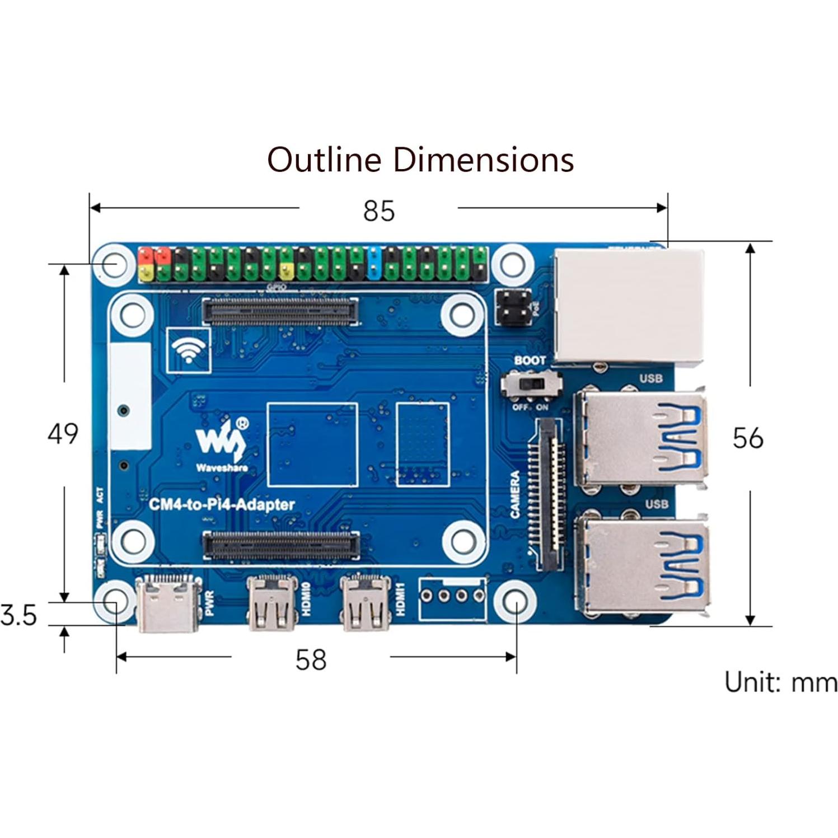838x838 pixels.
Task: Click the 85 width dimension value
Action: (379, 211)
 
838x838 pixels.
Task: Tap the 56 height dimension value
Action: (748, 438)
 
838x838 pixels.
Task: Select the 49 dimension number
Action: (63, 434)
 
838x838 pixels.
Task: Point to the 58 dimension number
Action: (311, 659)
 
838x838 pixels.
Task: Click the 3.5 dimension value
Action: (19, 615)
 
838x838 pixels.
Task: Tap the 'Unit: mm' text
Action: (780, 682)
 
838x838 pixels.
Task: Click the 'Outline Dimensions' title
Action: (420, 160)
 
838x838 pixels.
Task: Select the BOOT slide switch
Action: (530, 385)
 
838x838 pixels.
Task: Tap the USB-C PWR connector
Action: (168, 603)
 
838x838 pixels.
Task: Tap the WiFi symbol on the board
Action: (189, 350)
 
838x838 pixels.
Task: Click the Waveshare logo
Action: (222, 442)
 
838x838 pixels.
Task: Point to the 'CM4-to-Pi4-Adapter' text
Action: (222, 504)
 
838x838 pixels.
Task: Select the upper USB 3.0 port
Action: (641, 437)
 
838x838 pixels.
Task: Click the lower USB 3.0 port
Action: (644, 565)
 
